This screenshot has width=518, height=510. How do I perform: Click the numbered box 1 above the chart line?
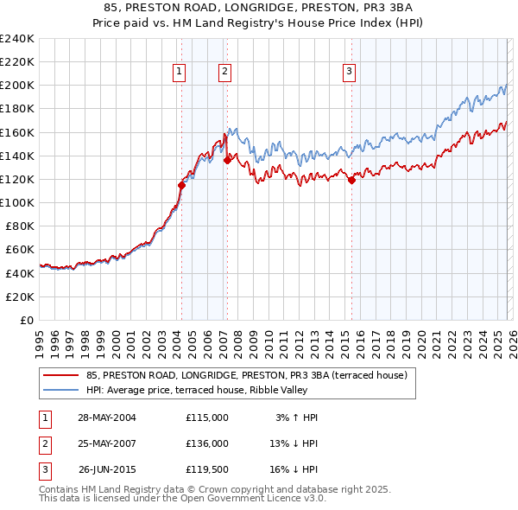click(x=179, y=73)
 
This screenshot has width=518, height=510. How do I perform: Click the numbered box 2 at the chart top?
click(x=224, y=73)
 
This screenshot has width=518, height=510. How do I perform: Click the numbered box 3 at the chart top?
click(x=349, y=73)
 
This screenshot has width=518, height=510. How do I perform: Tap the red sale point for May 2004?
click(x=182, y=185)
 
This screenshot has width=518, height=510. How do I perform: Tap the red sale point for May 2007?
click(x=227, y=160)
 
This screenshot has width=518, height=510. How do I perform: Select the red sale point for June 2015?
click(x=352, y=180)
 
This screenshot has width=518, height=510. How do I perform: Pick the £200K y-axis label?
click(x=17, y=86)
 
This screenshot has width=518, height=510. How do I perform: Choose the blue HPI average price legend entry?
click(x=207, y=390)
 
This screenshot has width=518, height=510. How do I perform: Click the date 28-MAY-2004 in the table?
click(x=107, y=418)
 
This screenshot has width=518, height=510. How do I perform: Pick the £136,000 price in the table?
click(x=206, y=443)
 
